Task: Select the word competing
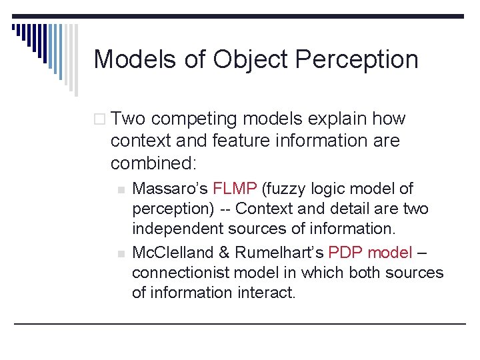(x=195, y=119)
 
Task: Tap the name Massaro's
(x=169, y=189)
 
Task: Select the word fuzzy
(x=288, y=189)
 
